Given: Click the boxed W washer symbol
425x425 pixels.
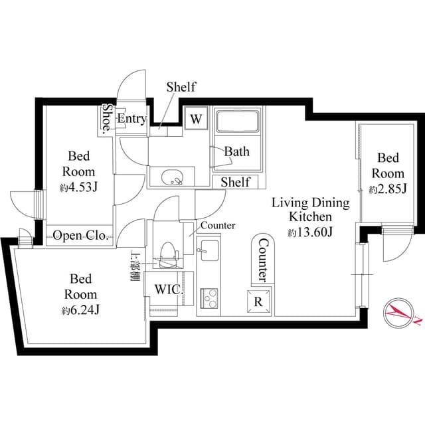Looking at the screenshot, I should click(x=196, y=119).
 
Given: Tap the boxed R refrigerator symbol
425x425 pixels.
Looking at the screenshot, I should click(x=258, y=300).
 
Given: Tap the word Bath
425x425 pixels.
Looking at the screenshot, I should click(x=236, y=151).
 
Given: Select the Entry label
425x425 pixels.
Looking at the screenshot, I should click(x=131, y=119).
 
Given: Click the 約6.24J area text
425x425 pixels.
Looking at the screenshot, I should click(x=80, y=310).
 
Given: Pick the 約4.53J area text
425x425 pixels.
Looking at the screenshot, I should click(x=79, y=187).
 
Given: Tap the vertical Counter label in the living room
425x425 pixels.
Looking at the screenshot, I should click(x=262, y=258).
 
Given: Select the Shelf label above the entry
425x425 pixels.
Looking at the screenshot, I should click(x=181, y=87).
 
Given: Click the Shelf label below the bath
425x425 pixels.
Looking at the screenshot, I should click(x=235, y=182).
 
